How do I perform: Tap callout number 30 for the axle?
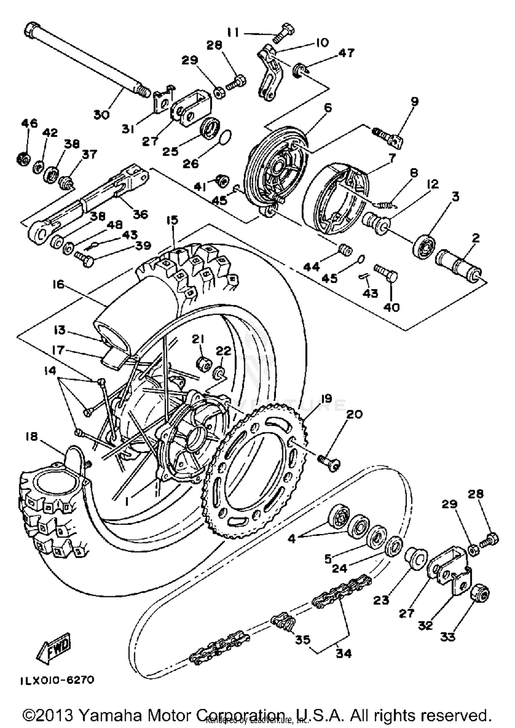[102, 114]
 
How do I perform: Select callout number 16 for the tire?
[58, 284]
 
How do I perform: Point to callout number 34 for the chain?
[343, 654]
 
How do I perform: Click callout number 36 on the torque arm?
[140, 214]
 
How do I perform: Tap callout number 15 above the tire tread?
[173, 220]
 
